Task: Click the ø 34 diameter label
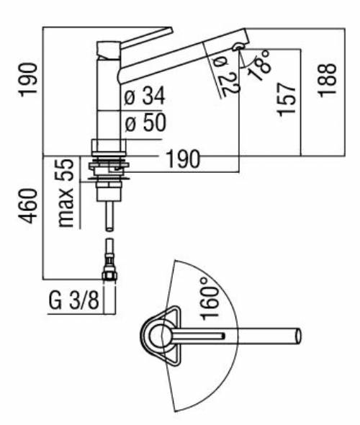144,96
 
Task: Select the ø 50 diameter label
144,122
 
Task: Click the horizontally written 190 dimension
184,159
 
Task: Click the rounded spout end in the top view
294,336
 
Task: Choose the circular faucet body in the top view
159,336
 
